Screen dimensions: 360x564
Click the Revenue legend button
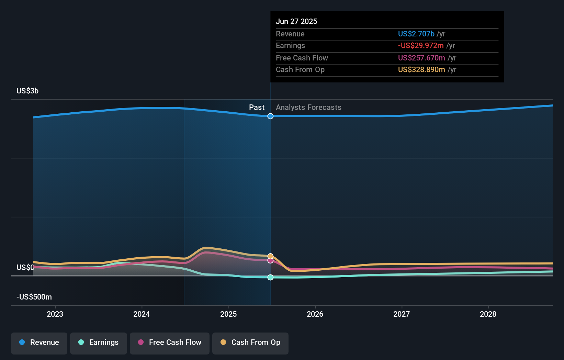point(39,343)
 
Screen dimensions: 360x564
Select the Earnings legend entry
point(99,343)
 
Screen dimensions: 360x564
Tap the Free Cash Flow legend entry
point(170,343)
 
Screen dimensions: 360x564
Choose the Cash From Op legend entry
point(250,343)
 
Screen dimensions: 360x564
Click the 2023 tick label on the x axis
point(55,314)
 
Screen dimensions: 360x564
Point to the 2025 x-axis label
point(228,314)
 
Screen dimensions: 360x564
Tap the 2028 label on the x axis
point(488,314)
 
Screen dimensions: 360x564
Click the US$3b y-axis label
point(27,91)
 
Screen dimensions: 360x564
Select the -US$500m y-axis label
point(34,297)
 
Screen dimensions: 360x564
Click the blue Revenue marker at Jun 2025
point(270,116)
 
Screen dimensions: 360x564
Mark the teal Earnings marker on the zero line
point(270,277)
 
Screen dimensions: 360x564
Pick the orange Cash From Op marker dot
point(270,256)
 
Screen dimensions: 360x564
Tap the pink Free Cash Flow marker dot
point(270,261)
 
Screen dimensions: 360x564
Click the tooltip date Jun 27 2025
point(296,22)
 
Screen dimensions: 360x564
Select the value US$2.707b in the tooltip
point(416,34)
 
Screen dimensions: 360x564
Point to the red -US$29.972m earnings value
point(421,46)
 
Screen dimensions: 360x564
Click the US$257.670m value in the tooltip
point(421,58)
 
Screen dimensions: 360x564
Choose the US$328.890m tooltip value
point(421,70)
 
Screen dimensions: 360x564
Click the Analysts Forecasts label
point(308,108)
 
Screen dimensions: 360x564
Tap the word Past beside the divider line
point(257,108)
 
